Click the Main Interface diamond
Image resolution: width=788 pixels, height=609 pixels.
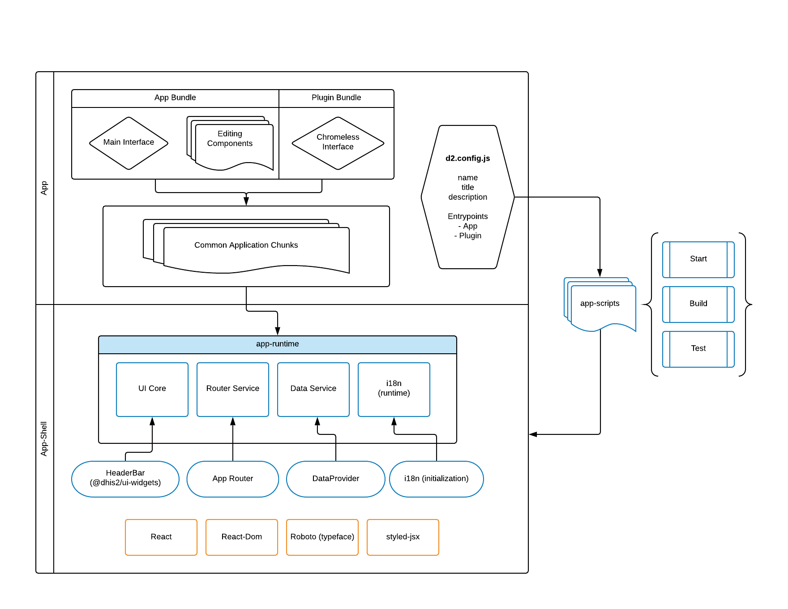(129, 143)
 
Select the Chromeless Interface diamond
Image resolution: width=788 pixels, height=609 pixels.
(338, 143)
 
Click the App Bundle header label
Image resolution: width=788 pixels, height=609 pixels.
(175, 98)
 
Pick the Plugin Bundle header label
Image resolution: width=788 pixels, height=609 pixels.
(336, 98)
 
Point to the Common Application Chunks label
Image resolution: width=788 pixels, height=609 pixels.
(246, 245)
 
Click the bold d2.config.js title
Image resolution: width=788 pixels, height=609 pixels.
(467, 159)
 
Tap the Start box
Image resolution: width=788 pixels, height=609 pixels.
(698, 259)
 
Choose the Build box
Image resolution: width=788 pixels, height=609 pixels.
(698, 304)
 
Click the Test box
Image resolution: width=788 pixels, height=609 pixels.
(698, 349)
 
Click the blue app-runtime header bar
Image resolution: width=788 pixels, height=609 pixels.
(278, 344)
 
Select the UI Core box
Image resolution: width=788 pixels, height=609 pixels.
(152, 389)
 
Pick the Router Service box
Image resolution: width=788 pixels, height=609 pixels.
(233, 389)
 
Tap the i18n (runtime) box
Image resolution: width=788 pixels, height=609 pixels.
(394, 389)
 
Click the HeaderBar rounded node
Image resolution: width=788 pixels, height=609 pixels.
(125, 478)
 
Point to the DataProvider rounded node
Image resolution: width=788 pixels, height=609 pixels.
(336, 479)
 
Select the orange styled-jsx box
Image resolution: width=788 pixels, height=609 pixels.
(403, 537)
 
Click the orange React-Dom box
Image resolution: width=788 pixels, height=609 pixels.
(242, 537)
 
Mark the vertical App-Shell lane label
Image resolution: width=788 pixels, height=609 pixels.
(44, 438)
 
